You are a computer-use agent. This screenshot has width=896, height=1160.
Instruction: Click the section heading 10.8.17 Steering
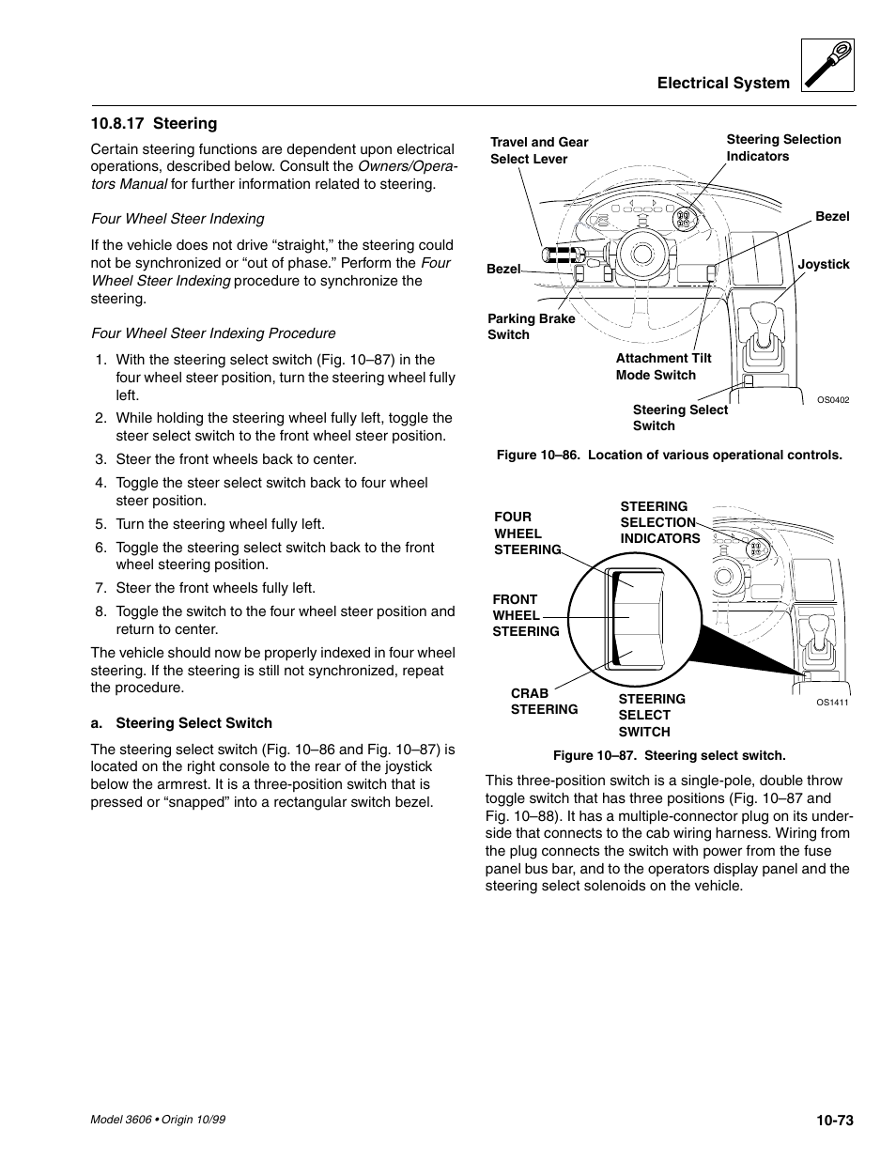(154, 123)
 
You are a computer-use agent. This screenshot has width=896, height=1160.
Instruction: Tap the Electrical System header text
(723, 83)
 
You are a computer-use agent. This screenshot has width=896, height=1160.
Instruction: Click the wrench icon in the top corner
(828, 66)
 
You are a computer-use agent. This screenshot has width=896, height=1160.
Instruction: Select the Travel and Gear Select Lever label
(539, 150)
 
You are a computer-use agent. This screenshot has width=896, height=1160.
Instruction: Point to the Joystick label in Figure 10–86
(823, 264)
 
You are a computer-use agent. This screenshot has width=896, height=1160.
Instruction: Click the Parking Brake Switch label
(531, 326)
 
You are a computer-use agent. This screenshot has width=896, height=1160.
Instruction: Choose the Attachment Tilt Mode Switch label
(663, 366)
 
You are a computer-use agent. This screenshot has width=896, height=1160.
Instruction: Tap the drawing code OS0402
(832, 400)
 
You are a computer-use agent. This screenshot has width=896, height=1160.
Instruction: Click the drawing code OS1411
(832, 703)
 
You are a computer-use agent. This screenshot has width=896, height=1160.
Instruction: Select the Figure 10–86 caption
(669, 455)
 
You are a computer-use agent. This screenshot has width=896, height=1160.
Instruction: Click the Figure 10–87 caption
(669, 755)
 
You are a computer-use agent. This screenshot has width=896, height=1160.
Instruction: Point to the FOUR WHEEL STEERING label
(527, 533)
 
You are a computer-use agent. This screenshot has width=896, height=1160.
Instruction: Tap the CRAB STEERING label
(544, 701)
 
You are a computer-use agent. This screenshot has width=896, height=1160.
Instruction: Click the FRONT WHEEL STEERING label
(525, 615)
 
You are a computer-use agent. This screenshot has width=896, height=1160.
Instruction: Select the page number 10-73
(834, 1120)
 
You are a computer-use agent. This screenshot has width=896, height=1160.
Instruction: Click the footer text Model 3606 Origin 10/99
(158, 1120)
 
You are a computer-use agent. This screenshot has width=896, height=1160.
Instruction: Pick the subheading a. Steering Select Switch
(181, 723)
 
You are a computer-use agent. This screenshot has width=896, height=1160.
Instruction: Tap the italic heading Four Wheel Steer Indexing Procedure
(213, 333)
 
